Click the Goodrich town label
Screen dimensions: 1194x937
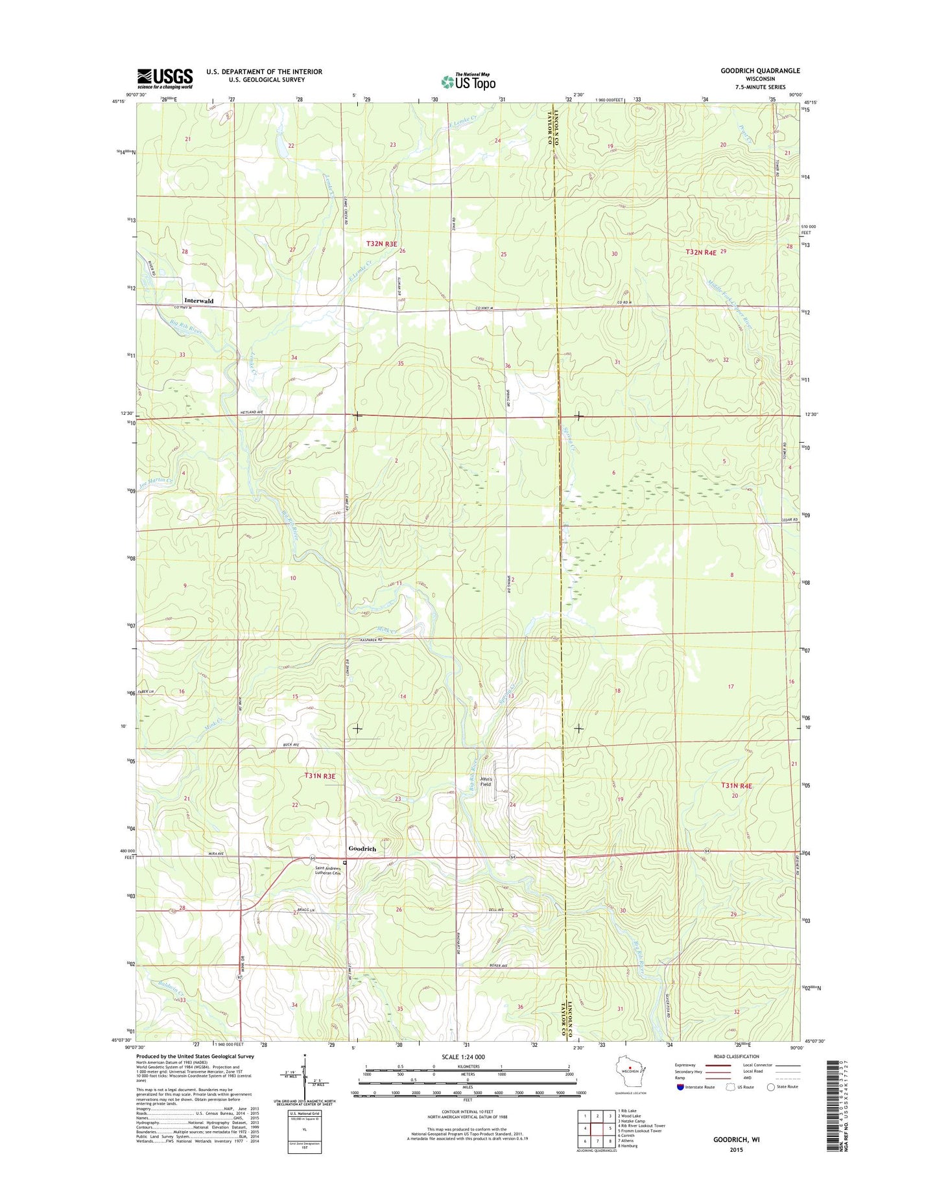click(x=362, y=849)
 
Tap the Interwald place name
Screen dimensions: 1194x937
click(x=198, y=301)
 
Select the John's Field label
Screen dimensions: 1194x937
click(x=486, y=782)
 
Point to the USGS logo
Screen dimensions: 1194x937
click(x=165, y=78)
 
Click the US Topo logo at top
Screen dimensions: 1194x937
click(x=468, y=82)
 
